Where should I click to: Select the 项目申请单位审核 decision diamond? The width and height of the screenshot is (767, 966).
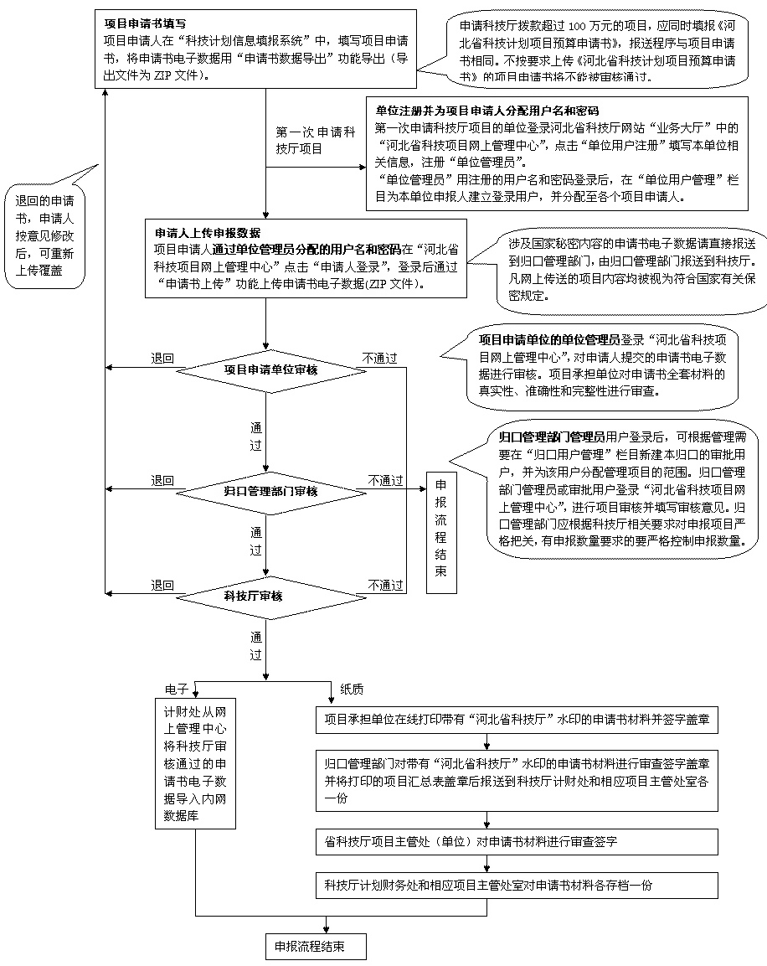[x=265, y=369]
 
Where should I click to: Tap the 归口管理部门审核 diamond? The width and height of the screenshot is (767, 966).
[x=265, y=491]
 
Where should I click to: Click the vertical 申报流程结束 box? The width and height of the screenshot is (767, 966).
[x=441, y=533]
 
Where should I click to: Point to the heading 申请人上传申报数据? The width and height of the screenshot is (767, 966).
[x=208, y=231]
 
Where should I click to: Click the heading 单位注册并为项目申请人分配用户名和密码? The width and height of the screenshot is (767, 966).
[x=486, y=111]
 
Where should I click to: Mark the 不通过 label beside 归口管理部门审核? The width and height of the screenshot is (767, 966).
[x=385, y=480]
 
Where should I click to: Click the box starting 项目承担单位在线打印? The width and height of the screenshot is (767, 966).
[x=517, y=719]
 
